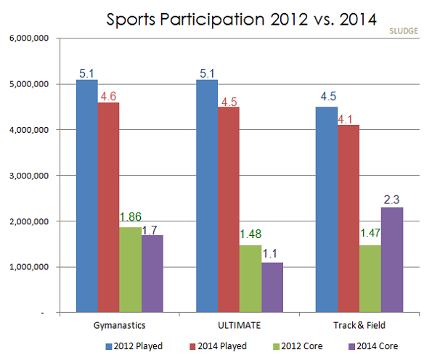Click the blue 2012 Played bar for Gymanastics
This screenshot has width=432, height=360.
(87, 196)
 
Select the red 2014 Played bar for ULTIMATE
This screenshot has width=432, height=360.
(228, 210)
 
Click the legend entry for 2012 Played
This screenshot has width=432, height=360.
(137, 346)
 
